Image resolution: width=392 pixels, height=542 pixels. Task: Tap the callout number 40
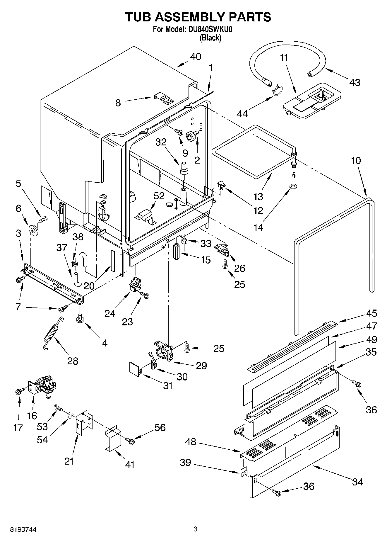(196, 56)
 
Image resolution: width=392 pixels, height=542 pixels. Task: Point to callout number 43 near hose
(355, 83)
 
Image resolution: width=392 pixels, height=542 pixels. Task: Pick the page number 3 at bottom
(196, 529)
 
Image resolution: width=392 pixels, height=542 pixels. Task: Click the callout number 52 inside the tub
(159, 196)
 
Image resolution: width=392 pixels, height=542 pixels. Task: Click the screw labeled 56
(129, 440)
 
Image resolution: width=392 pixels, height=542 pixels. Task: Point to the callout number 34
(357, 482)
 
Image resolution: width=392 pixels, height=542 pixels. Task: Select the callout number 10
(356, 160)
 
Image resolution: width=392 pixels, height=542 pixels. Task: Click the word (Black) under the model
(210, 38)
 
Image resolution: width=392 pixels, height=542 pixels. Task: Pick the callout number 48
(191, 441)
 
